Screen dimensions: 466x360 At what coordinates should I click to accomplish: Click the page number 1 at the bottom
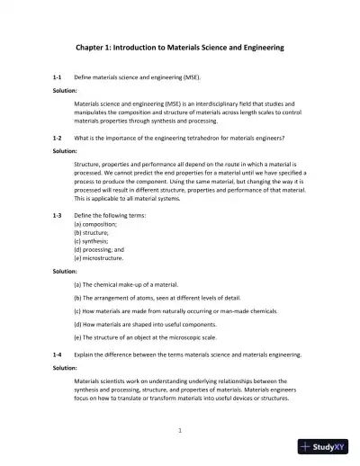(180, 430)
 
